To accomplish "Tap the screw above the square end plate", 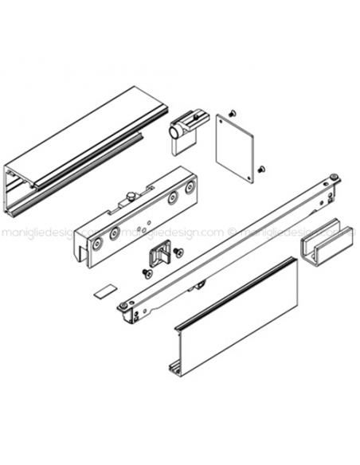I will coord(231,112).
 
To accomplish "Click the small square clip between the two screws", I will coord(160,255).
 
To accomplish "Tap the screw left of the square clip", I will coord(145,272).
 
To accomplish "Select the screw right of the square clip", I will coord(178,252).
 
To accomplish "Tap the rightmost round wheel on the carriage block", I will coord(190,188).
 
